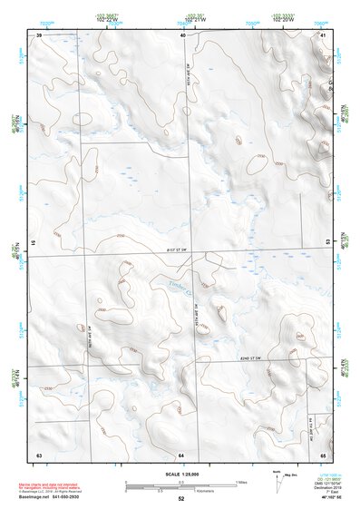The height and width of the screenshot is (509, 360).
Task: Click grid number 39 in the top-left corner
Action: [x=39, y=34]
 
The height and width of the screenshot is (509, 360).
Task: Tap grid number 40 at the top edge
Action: [x=182, y=34]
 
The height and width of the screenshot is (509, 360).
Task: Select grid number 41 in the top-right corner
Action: [x=323, y=34]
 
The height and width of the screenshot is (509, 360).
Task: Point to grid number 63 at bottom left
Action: [x=39, y=453]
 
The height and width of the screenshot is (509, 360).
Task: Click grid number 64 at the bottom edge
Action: [x=181, y=453]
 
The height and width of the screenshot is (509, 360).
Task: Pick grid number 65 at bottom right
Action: [x=323, y=453]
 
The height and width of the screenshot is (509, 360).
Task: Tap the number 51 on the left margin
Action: [x=34, y=243]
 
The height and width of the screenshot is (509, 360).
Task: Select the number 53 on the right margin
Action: [x=327, y=243]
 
